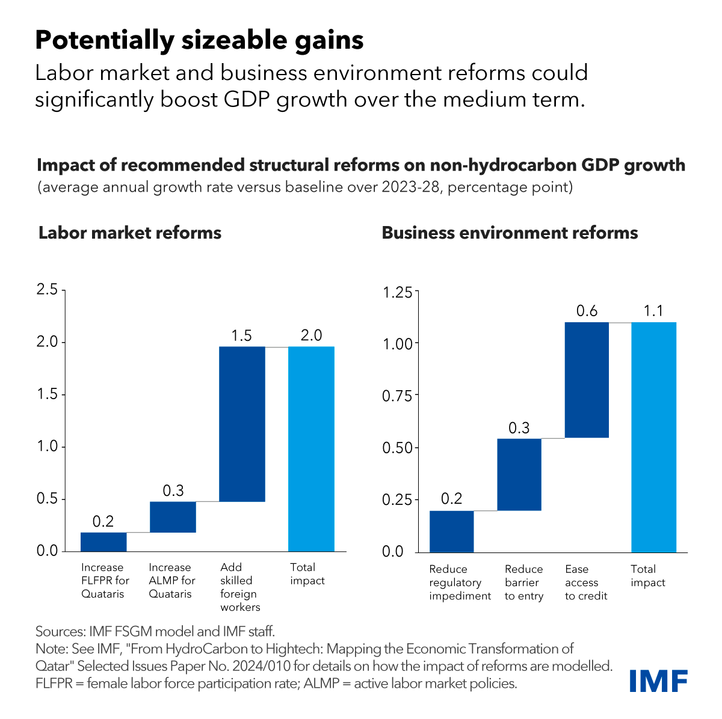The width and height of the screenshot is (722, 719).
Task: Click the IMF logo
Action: tap(658, 680)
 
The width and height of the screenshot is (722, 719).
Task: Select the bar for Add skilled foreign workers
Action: tap(242, 424)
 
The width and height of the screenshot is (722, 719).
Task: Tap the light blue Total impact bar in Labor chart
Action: tap(311, 448)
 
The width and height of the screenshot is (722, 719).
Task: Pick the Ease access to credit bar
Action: tap(587, 380)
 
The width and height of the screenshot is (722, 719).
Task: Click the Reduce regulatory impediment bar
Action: tap(451, 531)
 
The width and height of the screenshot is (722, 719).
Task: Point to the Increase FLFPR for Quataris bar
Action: tap(103, 542)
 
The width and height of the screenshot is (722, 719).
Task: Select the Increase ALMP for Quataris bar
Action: tap(173, 516)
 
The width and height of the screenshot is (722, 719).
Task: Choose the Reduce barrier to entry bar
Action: tap(519, 474)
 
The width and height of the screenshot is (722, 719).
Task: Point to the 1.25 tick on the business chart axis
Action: tap(397, 292)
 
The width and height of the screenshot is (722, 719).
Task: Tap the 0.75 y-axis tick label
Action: tap(397, 396)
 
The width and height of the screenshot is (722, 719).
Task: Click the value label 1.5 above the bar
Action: tap(242, 335)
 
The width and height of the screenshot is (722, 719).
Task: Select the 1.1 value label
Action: tap(653, 311)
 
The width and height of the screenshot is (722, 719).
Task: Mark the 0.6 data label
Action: tap(587, 311)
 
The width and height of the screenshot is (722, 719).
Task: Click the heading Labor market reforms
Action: tap(130, 233)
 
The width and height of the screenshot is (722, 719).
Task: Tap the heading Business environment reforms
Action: tap(510, 233)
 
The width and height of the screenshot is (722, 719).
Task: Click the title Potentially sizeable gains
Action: tap(199, 40)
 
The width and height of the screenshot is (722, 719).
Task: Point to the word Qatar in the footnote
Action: tap(51, 666)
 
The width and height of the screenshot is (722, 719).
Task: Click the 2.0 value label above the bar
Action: tap(311, 335)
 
